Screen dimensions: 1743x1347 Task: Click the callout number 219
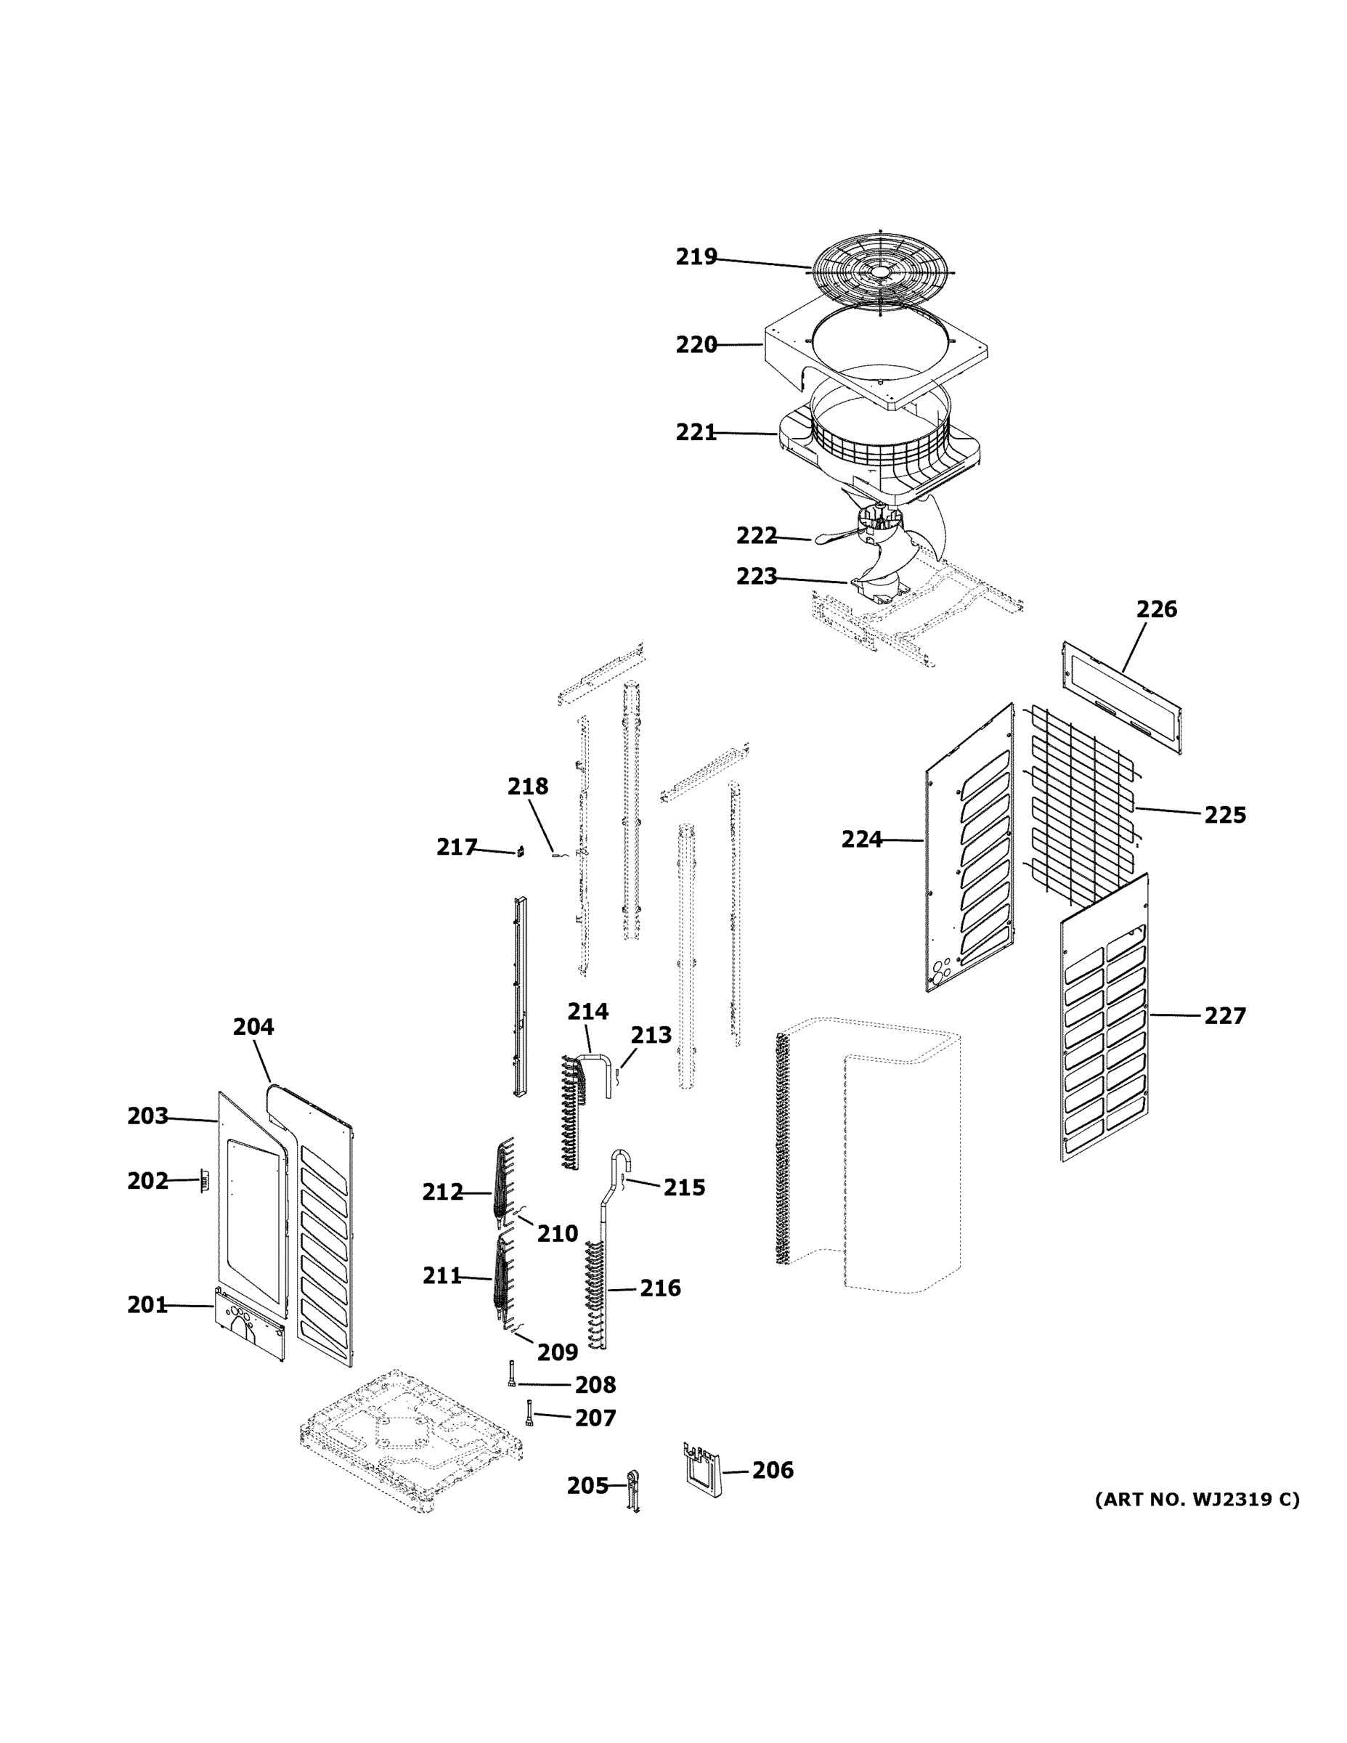[696, 257]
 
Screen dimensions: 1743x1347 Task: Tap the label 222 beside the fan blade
[756, 535]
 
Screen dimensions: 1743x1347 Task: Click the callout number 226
[1155, 610]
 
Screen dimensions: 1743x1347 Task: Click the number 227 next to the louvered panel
[1224, 1016]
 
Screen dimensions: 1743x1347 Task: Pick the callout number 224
[861, 840]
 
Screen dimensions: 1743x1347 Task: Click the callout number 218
[527, 787]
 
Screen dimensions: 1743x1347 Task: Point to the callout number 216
[660, 1288]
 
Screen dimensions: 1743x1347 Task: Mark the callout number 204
[253, 1027]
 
